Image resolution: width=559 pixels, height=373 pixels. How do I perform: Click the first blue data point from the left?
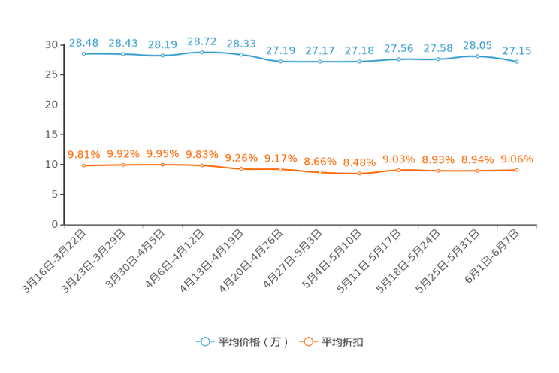pyautogui.click(x=83, y=54)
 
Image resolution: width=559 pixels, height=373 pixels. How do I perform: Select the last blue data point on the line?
pyautogui.click(x=517, y=62)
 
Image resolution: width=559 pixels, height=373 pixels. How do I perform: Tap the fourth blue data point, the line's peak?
pyautogui.click(x=201, y=52)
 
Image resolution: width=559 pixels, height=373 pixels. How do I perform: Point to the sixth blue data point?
pyautogui.click(x=280, y=61)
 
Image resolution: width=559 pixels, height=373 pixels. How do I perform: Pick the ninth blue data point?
pyautogui.click(x=399, y=59)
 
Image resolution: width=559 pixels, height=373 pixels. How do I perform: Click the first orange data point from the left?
pyautogui.click(x=83, y=165)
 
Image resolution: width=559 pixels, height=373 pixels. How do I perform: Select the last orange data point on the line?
pyautogui.click(x=517, y=170)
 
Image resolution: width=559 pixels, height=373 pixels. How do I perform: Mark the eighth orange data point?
pyautogui.click(x=359, y=173)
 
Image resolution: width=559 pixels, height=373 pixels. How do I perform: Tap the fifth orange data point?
pyautogui.click(x=241, y=169)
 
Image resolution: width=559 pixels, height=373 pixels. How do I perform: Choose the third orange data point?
pyautogui.click(x=162, y=164)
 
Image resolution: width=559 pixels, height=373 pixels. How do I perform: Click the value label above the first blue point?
pyautogui.click(x=83, y=43)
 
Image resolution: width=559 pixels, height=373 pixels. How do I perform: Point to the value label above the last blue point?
pyautogui.click(x=517, y=50)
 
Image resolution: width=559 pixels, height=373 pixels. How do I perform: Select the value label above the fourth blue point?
pyautogui.click(x=201, y=41)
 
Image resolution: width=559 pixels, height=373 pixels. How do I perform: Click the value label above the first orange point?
pyautogui.click(x=83, y=154)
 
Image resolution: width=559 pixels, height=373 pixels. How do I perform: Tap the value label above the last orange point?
pyautogui.click(x=517, y=159)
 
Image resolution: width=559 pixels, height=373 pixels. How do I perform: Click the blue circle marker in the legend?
pyautogui.click(x=204, y=341)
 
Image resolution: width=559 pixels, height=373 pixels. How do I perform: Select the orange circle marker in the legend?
pyautogui.click(x=308, y=341)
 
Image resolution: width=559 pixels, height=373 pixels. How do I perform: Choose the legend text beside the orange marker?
pyautogui.click(x=343, y=342)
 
